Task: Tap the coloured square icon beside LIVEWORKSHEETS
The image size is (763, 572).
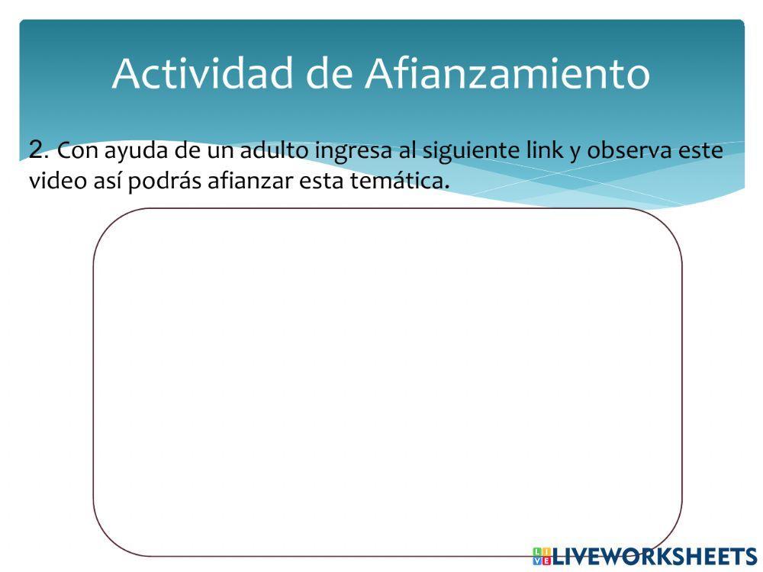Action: tap(542, 556)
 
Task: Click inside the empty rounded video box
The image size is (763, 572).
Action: tap(388, 381)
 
